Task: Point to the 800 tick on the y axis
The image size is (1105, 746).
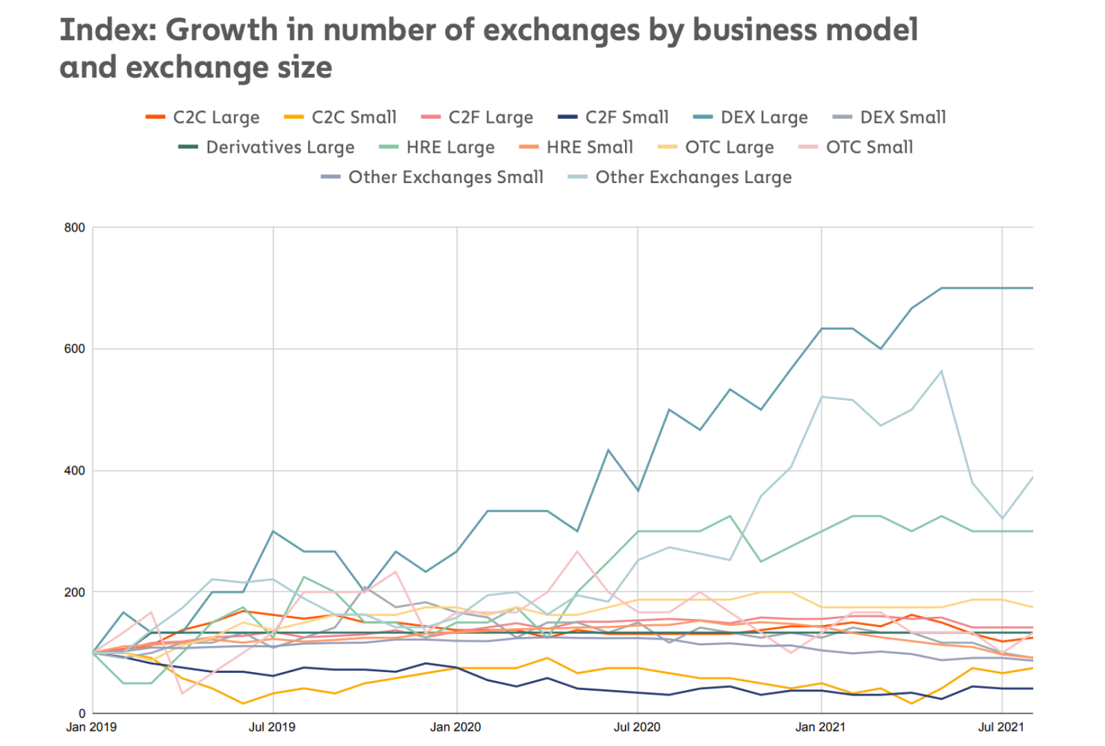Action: [x=75, y=228]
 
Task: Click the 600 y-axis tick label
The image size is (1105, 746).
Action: [x=75, y=349]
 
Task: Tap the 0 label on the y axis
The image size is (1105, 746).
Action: [x=82, y=714]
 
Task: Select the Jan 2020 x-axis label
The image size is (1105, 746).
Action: [x=455, y=727]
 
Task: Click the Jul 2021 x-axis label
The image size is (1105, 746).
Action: [x=1001, y=727]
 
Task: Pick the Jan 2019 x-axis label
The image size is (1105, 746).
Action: [x=91, y=727]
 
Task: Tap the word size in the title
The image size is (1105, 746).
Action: [x=301, y=68]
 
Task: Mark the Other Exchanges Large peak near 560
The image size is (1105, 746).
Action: [x=941, y=371]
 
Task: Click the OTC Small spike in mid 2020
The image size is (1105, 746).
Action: [x=578, y=551]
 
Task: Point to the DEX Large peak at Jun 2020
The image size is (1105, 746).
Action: [x=608, y=450]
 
